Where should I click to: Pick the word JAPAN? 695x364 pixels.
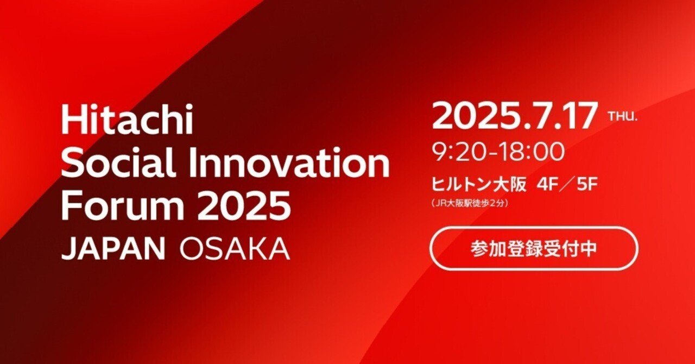coord(113,248)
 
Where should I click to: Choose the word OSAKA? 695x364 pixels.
coord(234,248)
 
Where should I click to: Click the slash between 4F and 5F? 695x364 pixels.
coord(566,185)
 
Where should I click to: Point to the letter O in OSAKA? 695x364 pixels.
coord(191,248)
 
